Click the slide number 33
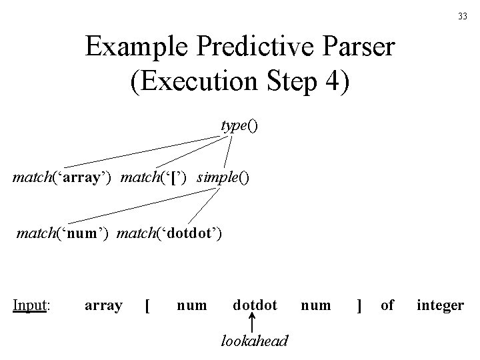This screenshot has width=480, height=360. coord(462,17)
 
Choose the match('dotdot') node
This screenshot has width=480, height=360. coord(169,233)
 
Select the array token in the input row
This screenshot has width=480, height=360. coord(103,305)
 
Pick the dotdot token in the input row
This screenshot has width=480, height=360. coord(255,305)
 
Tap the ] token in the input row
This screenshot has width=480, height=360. coord(359,305)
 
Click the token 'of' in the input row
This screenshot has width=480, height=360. coord(387,305)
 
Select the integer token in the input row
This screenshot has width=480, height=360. coord(440,305)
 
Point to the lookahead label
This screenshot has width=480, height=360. coord(254,341)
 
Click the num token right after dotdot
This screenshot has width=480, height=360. coord(315,305)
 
